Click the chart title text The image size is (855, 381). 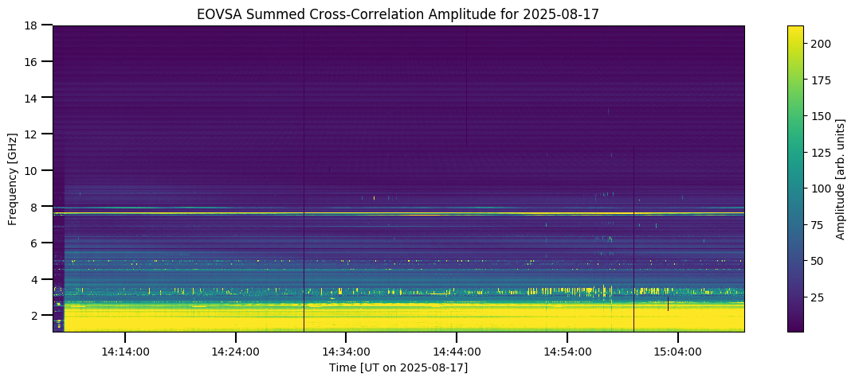click(x=398, y=14)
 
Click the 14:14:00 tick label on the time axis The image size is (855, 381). click(x=124, y=352)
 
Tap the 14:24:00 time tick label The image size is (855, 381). click(x=235, y=352)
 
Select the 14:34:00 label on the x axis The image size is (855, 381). click(x=346, y=352)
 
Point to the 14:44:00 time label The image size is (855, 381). click(x=457, y=352)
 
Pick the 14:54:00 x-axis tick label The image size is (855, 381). click(x=567, y=352)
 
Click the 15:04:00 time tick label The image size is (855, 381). click(x=678, y=352)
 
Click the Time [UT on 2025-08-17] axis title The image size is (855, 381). click(x=398, y=367)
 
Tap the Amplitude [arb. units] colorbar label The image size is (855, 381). click(x=840, y=179)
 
